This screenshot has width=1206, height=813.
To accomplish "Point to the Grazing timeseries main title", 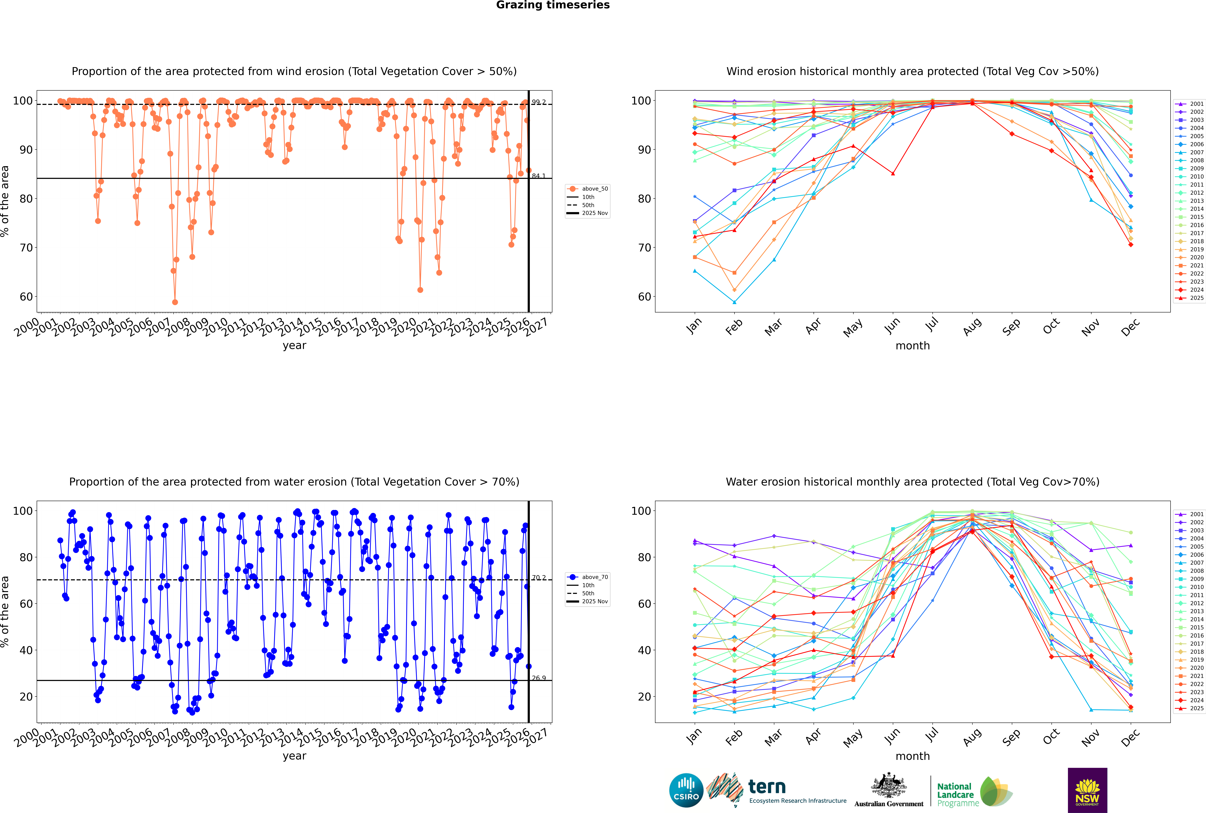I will [x=553, y=5].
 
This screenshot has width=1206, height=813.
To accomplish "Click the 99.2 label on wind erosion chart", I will [x=539, y=102].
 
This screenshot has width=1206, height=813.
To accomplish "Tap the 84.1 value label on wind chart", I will [x=539, y=176].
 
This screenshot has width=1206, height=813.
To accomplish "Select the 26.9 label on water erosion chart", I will [x=539, y=678].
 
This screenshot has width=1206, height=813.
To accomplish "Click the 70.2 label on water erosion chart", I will [x=539, y=578].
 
